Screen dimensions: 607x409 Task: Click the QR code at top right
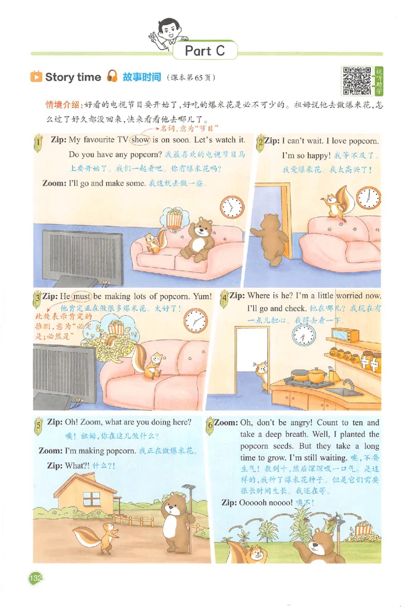point(357,80)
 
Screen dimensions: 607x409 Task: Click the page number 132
point(35,578)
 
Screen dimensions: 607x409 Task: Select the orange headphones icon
point(112,77)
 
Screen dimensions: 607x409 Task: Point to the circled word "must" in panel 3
point(81,296)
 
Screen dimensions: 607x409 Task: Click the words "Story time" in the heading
point(73,77)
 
